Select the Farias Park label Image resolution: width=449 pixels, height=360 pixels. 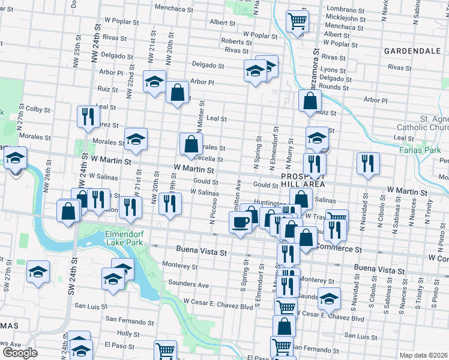tap(421, 150)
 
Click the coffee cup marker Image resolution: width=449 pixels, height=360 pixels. tap(241, 223)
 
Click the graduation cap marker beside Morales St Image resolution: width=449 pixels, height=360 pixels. tap(136, 140)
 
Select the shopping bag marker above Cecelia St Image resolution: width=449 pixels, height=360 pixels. tap(190, 144)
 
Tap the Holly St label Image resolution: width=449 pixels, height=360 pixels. tap(128, 333)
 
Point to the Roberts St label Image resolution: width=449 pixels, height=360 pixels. tap(232, 41)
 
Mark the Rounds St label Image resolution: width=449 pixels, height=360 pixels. tap(334, 88)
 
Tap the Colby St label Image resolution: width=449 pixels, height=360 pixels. tap(37, 109)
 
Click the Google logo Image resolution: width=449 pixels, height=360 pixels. tap(20, 353)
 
